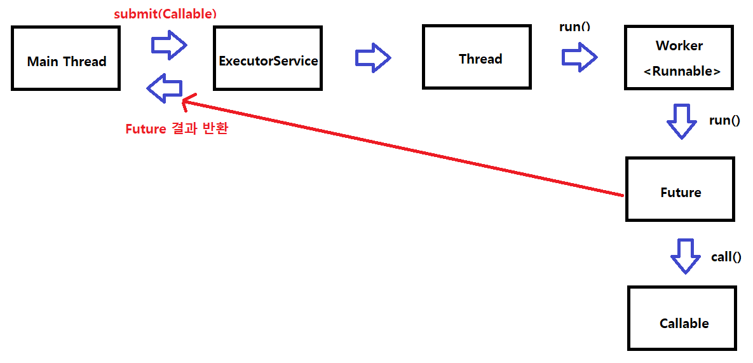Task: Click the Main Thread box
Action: [x=65, y=58]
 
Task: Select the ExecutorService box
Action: [x=268, y=58]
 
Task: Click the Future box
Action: [x=680, y=189]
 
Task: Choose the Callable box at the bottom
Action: [x=682, y=318]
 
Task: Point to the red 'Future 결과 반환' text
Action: [x=177, y=129]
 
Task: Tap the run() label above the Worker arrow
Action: [x=574, y=27]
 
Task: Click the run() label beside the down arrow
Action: [x=724, y=120]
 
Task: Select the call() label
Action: [x=726, y=257]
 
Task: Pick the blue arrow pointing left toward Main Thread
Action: [x=165, y=88]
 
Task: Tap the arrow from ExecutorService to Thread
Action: [x=372, y=58]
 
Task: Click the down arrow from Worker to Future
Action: [x=682, y=121]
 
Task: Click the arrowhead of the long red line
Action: [x=186, y=102]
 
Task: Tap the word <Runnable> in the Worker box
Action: [x=682, y=71]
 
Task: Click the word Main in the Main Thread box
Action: [x=43, y=62]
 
